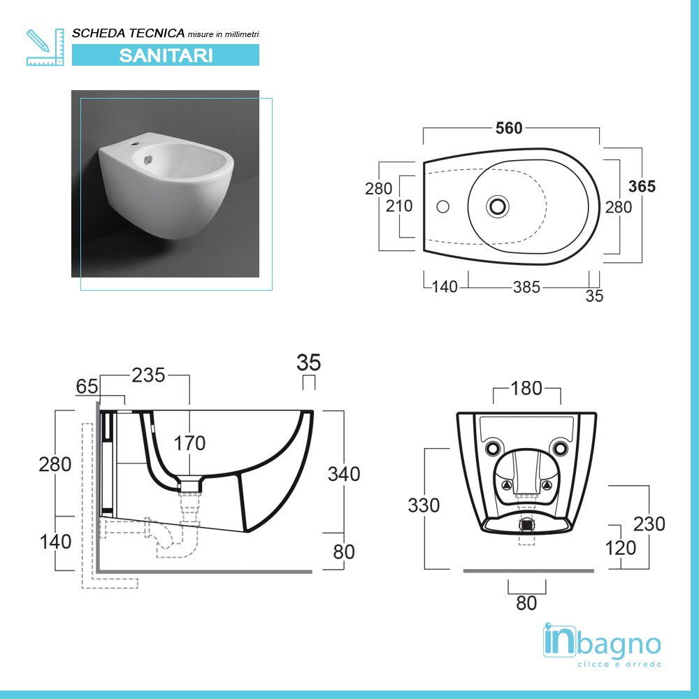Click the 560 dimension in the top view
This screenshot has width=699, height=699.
(509, 128)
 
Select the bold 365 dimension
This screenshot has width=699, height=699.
(642, 186)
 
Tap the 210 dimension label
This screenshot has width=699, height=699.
(398, 206)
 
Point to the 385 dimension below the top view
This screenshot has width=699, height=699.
(526, 287)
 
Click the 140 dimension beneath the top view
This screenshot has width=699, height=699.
(444, 287)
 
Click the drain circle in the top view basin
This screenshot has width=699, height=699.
(498, 206)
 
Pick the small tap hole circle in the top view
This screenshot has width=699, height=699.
(442, 206)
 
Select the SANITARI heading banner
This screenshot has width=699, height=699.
(166, 55)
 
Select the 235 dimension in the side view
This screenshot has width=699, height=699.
(148, 375)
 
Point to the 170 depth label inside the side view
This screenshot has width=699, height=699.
(189, 443)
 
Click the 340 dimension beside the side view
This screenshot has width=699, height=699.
(344, 473)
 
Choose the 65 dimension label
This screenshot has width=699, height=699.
(87, 386)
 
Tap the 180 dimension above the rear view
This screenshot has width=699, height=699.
(526, 388)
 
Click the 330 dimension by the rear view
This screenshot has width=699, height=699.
(424, 505)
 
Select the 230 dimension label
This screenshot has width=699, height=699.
(649, 523)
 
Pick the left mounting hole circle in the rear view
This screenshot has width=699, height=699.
(493, 447)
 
